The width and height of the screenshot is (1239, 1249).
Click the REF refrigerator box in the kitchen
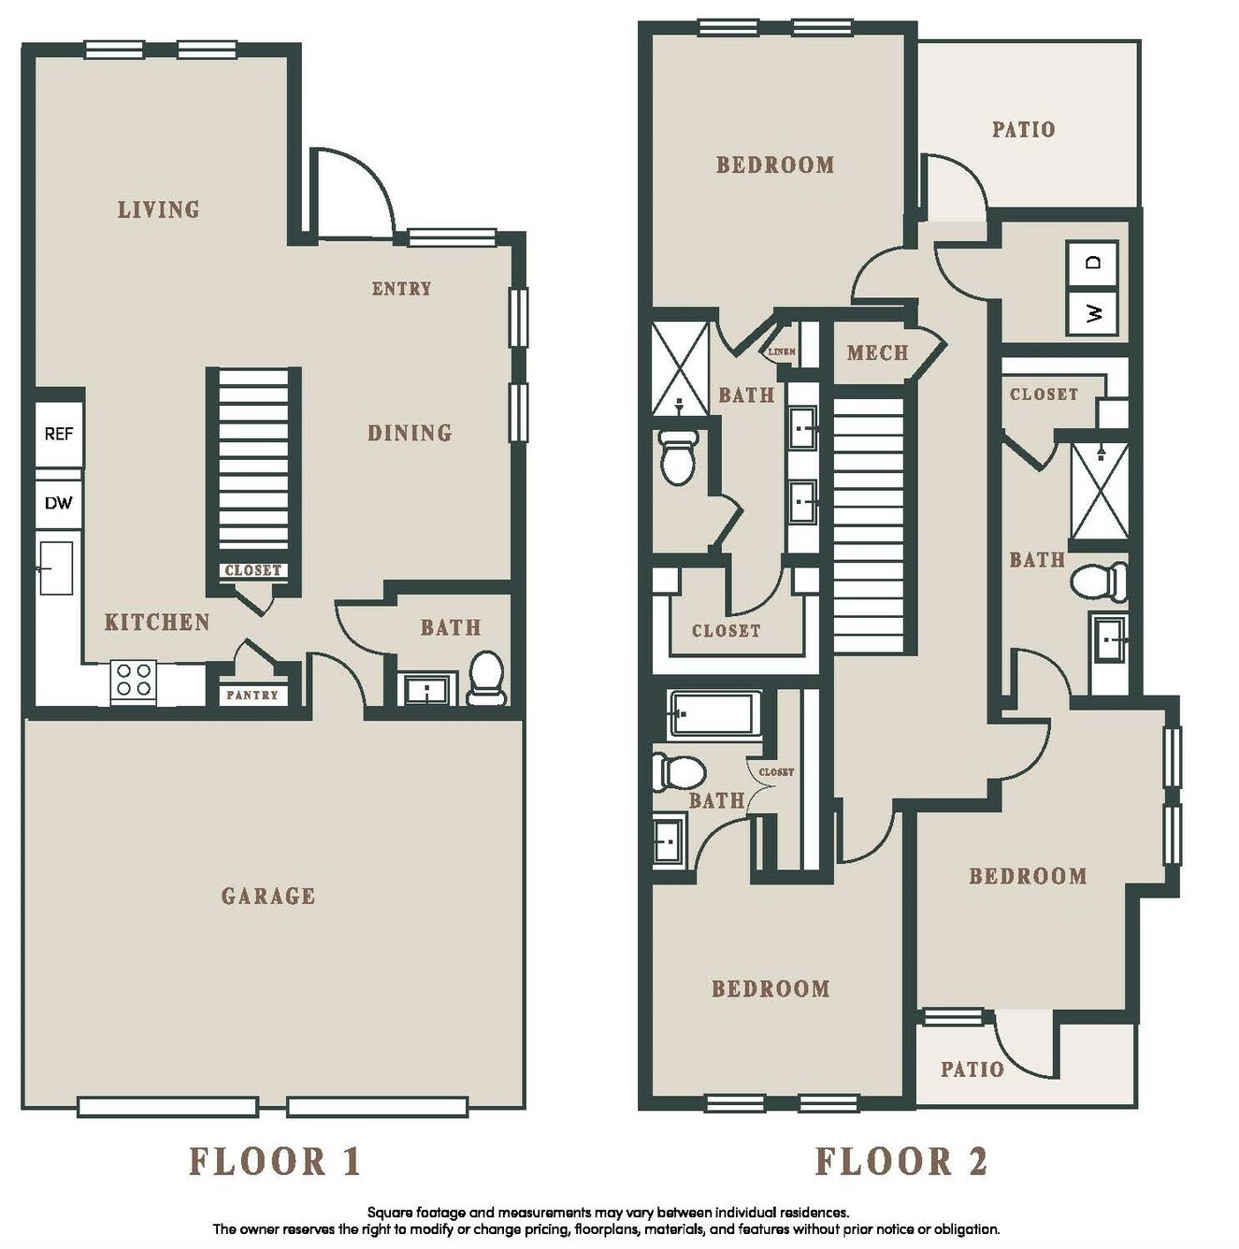point(58,434)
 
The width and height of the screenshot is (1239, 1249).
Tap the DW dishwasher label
point(58,502)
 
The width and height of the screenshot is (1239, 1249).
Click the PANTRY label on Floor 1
point(252,695)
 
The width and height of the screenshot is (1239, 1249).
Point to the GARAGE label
point(268,896)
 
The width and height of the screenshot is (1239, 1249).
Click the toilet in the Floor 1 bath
point(486,678)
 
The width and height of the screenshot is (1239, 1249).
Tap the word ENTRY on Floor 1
point(402,289)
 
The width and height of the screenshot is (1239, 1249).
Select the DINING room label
point(410,433)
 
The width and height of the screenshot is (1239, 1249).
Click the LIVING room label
point(159,209)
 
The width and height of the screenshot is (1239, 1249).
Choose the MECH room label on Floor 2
point(878,352)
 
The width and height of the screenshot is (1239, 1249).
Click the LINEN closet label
point(781,352)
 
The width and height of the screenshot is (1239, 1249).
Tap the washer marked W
point(1092,314)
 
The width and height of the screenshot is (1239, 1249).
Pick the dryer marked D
point(1092,263)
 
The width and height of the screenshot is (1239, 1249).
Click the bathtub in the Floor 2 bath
point(715,715)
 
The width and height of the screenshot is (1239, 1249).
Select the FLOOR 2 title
point(900,1161)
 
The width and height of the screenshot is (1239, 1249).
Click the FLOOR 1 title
point(275,1161)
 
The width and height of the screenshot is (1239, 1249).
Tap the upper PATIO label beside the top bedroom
point(1024,130)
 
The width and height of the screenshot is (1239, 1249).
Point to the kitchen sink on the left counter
point(56,568)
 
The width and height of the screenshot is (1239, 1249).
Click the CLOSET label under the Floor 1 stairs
point(252,570)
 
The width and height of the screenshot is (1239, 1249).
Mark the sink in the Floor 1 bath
point(426,690)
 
